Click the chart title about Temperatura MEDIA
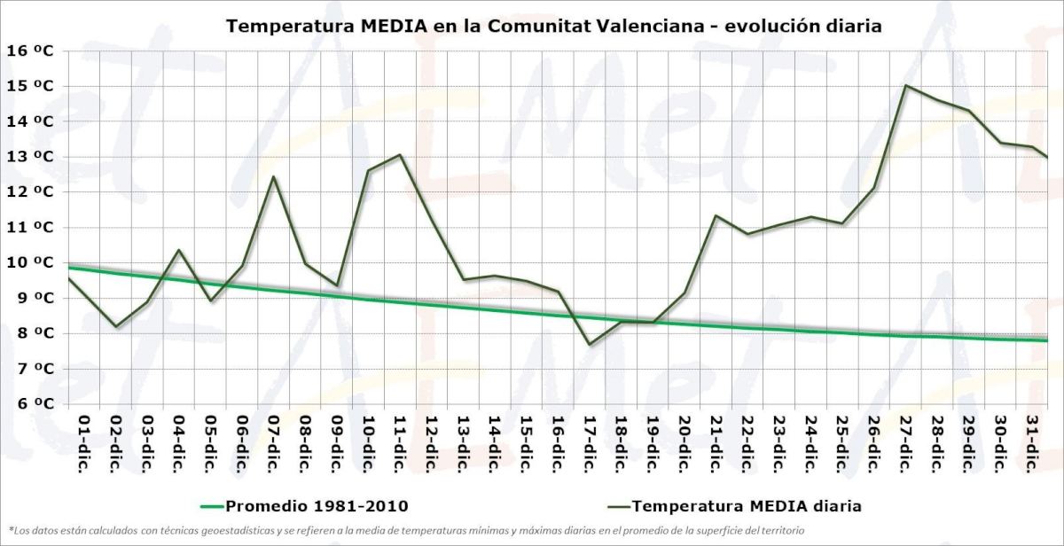click(554, 26)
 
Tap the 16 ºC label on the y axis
click(30, 51)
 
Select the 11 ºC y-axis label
click(30, 227)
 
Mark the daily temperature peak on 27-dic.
click(905, 85)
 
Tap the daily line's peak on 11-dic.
click(400, 155)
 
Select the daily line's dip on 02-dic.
click(115, 326)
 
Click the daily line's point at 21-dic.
click(716, 215)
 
